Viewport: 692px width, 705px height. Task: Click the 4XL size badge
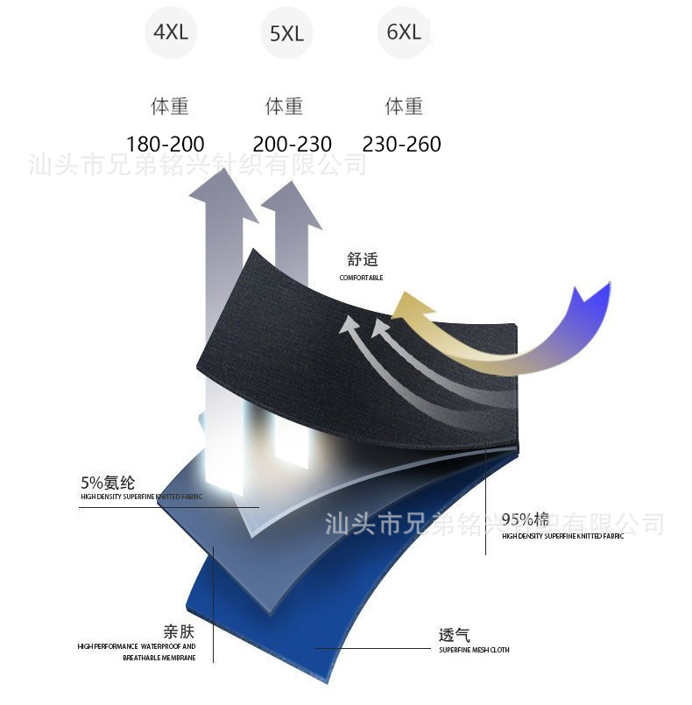click(171, 33)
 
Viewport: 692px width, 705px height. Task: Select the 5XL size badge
click(286, 34)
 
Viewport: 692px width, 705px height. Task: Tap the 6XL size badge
click(404, 32)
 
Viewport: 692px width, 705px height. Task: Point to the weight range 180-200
click(165, 145)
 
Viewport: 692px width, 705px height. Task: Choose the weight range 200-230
click(292, 145)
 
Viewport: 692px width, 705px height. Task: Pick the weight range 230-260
click(401, 145)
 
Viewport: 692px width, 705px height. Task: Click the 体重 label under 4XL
click(170, 107)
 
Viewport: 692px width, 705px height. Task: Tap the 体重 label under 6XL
click(404, 107)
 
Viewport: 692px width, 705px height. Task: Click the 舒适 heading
click(362, 259)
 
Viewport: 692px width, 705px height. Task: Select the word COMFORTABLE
click(361, 278)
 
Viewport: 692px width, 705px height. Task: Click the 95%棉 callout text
click(526, 520)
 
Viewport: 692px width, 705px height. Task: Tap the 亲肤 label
click(178, 631)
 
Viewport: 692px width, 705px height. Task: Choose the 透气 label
click(455, 635)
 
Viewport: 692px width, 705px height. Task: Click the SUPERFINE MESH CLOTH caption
click(474, 650)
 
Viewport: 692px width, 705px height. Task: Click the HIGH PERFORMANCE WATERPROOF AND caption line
click(137, 646)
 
